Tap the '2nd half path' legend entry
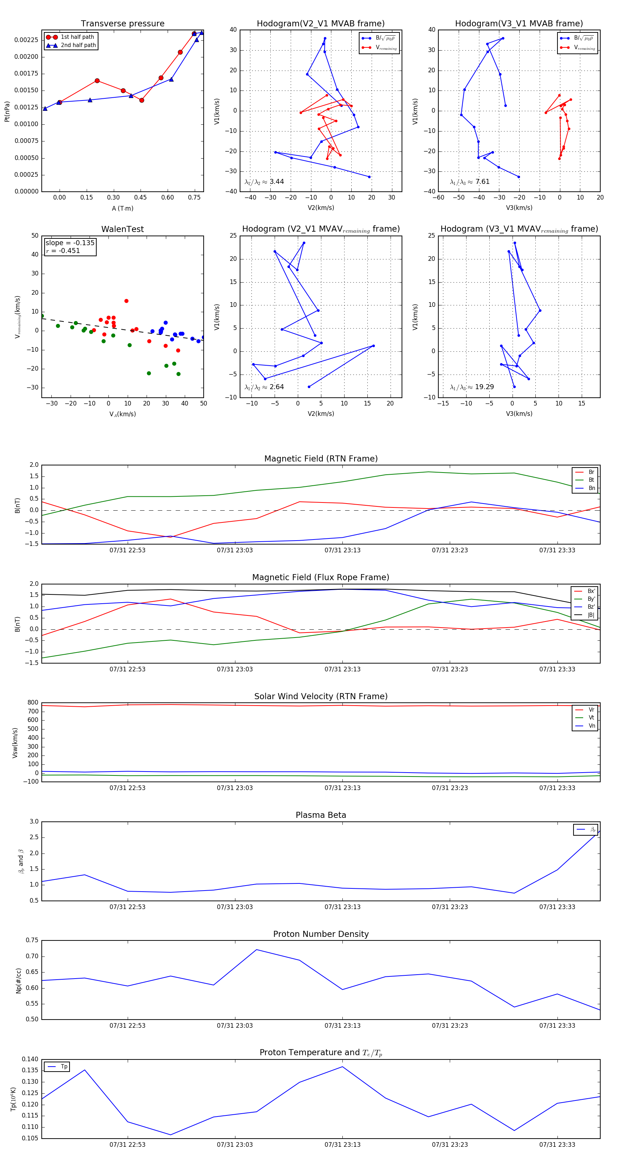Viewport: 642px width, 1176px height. click(78, 45)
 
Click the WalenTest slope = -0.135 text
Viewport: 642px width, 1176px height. click(70, 243)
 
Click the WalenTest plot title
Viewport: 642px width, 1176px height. click(122, 229)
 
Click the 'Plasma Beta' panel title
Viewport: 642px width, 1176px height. click(321, 815)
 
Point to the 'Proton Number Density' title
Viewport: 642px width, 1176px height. click(321, 934)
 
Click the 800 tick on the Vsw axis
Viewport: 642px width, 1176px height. click(32, 703)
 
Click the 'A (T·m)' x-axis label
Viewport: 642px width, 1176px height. click(122, 208)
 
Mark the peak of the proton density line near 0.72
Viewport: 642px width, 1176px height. click(257, 950)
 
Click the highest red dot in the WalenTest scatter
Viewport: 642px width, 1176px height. click(126, 301)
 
